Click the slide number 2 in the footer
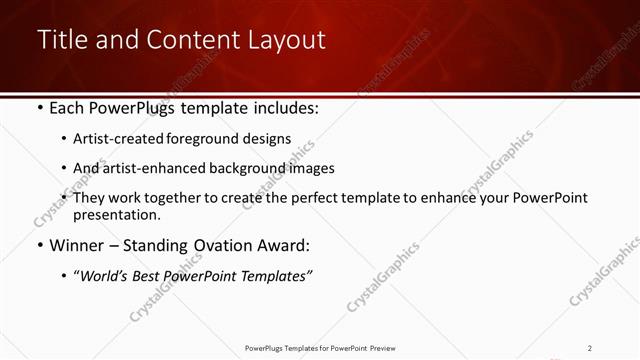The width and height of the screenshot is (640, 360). coord(590,348)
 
